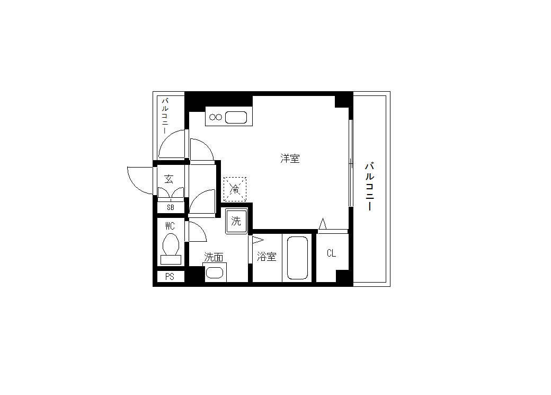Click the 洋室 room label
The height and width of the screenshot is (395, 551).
point(290,159)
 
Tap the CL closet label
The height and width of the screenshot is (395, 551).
point(331,253)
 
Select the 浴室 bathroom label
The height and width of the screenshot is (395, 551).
point(266,257)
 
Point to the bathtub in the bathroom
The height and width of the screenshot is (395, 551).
point(297,258)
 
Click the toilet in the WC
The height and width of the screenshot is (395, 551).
point(171,249)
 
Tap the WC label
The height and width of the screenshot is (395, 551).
point(170,226)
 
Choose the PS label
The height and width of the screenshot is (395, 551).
point(170,277)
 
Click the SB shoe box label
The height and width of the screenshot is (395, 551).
point(171,207)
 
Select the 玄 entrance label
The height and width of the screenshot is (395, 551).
point(169,179)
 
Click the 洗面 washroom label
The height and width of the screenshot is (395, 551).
point(214,257)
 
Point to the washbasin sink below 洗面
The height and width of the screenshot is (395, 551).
point(215,273)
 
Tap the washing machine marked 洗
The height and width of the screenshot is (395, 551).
point(236,221)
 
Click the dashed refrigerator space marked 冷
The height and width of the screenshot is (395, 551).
point(235,189)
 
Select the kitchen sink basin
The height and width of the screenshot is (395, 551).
point(236,118)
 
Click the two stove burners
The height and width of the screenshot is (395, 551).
point(216,117)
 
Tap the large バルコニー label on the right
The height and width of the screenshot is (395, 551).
point(369,187)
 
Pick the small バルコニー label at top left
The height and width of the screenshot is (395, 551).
point(165,116)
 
